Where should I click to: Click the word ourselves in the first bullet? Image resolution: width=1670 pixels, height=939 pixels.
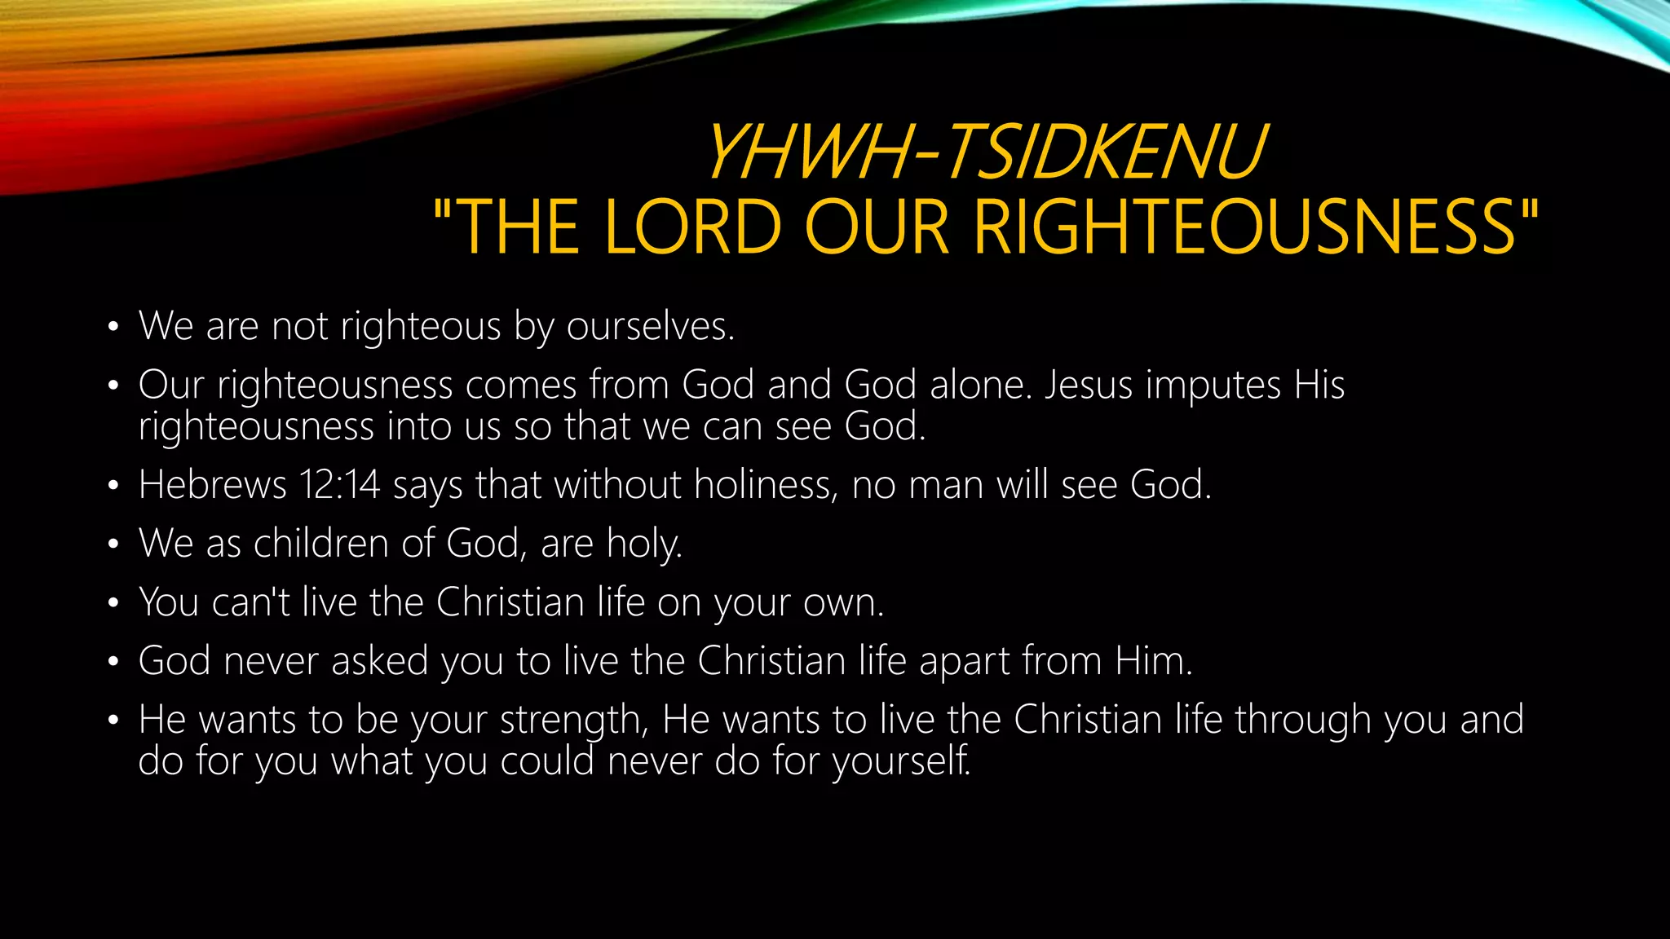coord(650,326)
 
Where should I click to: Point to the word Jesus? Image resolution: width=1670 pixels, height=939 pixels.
coord(1088,385)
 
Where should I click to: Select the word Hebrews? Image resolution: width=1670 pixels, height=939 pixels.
coord(212,485)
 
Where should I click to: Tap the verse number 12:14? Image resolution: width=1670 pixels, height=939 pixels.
coord(339,485)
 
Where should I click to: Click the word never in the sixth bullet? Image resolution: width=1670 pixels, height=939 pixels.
coord(270,661)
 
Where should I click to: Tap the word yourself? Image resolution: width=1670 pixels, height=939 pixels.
coord(901,762)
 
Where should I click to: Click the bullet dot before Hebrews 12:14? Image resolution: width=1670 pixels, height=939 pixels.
coord(113,487)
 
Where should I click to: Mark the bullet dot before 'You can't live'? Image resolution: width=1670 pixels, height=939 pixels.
coord(113,604)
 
